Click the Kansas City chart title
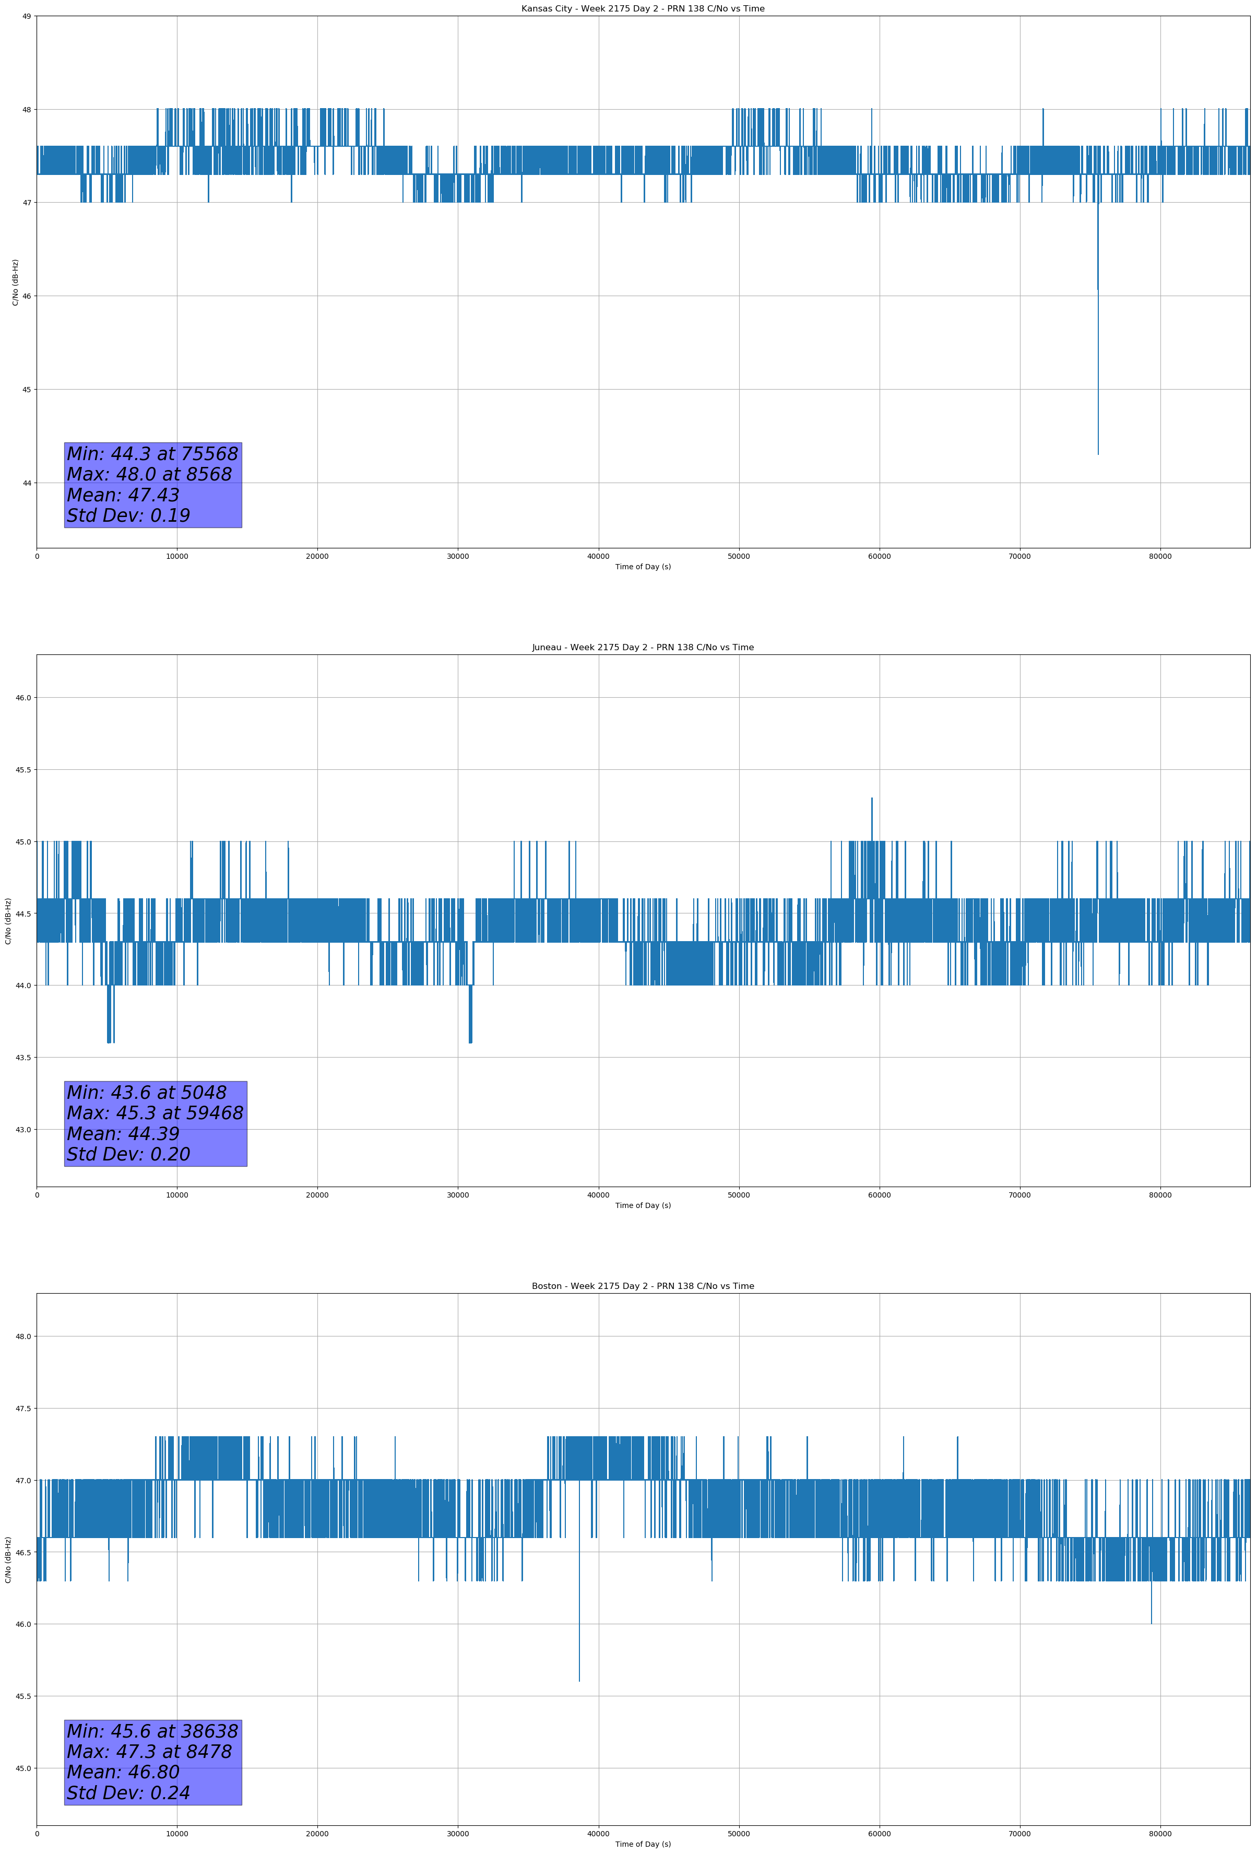click(x=643, y=9)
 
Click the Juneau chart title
click(x=643, y=648)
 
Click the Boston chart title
click(x=643, y=1286)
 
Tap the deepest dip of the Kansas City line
click(x=1098, y=454)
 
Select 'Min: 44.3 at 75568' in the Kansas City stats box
click(x=152, y=454)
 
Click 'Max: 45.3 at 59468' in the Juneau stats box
click(x=155, y=1113)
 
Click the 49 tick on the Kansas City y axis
click(x=26, y=16)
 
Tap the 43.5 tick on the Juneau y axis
click(x=23, y=1057)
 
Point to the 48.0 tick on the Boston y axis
click(x=23, y=1336)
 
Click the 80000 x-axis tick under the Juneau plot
click(x=1160, y=1194)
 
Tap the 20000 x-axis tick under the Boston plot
click(x=317, y=1834)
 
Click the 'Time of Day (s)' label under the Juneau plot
click(x=643, y=1205)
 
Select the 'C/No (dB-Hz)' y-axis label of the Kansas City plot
click(x=15, y=282)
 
